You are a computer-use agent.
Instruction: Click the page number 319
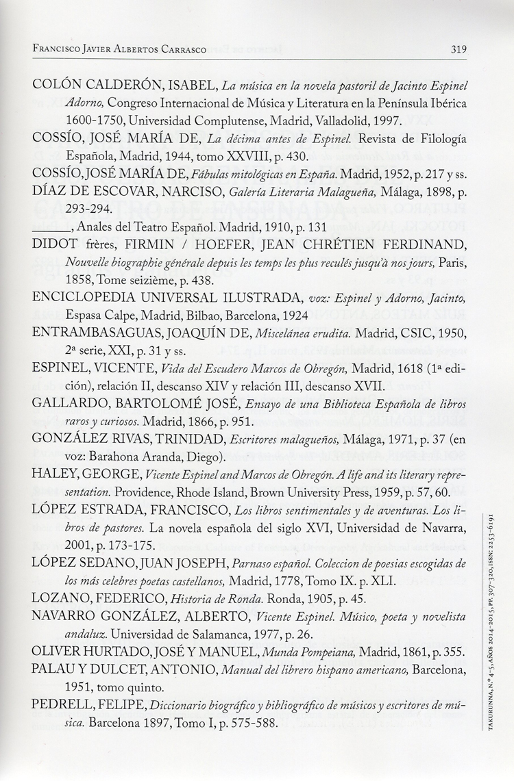pos(458,49)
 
